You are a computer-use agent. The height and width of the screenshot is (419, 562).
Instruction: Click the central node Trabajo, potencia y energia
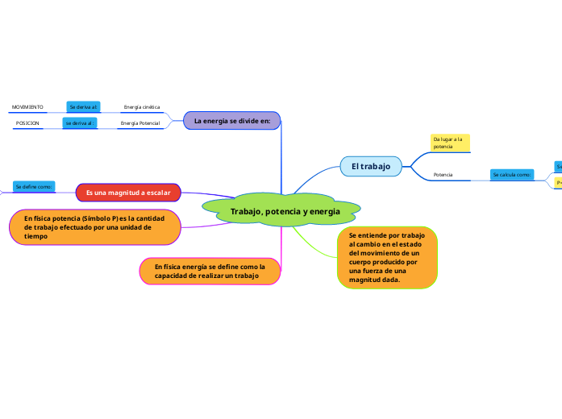[x=285, y=211]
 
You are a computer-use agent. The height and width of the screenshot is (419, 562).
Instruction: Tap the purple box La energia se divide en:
[x=231, y=121]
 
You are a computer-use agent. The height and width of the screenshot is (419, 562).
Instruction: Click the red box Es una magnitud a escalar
[x=128, y=193]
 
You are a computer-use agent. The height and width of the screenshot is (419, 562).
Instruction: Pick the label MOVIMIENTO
[x=27, y=106]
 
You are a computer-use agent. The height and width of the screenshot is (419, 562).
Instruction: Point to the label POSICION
[x=27, y=123]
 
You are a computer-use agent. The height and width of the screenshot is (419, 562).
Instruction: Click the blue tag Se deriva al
[x=83, y=106]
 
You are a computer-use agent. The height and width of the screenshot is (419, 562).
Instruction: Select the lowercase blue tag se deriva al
[x=80, y=123]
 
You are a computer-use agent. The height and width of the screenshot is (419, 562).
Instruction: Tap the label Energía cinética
[x=141, y=106]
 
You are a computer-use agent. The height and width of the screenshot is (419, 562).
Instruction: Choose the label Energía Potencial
[x=139, y=123]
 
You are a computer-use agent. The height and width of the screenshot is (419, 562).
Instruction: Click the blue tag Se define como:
[x=34, y=187]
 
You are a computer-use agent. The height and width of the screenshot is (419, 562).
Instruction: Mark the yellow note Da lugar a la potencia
[x=449, y=143]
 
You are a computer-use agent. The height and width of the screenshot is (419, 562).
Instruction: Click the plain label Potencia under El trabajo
[x=443, y=174]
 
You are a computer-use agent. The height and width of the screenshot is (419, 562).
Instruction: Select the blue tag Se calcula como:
[x=511, y=174]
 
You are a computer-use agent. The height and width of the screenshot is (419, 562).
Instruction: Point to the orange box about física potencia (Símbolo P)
[x=94, y=227]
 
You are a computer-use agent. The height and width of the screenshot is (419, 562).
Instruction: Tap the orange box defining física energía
[x=210, y=271]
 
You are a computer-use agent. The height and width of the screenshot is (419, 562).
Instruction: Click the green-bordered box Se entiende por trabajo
[x=387, y=257]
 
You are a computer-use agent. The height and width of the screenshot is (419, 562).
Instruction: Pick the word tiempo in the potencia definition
[x=36, y=237]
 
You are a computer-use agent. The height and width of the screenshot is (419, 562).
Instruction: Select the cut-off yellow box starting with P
[x=558, y=184]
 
